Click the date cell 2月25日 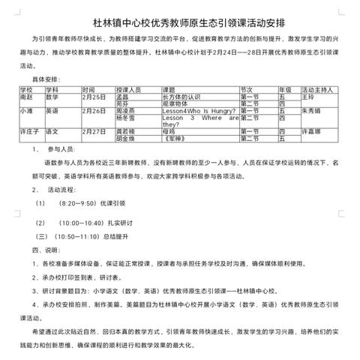[x=95, y=97]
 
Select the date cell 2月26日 [x=95, y=111]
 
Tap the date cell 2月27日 [x=95, y=131]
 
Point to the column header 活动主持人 [x=319, y=89]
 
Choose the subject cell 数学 [x=53, y=97]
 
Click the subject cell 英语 [x=53, y=111]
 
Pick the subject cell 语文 [x=53, y=131]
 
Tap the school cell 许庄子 [x=27, y=131]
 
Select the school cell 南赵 [x=25, y=97]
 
